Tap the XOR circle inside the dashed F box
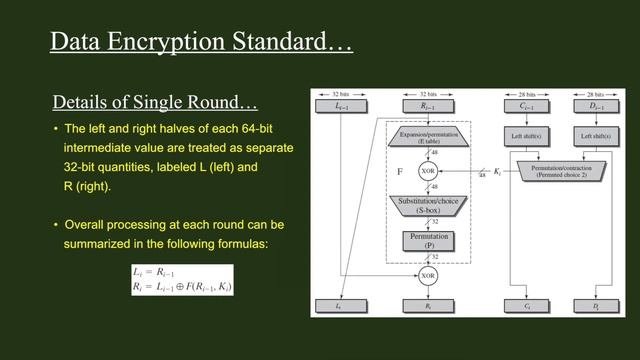[x=428, y=171]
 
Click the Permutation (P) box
[x=428, y=241]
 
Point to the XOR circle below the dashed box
[x=428, y=274]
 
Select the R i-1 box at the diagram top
[x=428, y=105]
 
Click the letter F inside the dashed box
[x=401, y=172]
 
